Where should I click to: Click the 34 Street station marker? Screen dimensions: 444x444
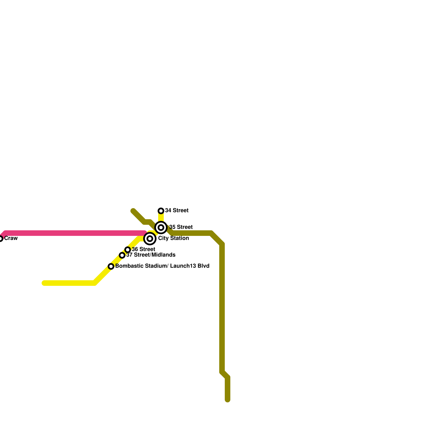(x=161, y=211)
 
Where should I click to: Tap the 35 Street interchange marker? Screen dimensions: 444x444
(x=161, y=228)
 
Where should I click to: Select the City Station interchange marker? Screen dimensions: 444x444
(x=150, y=239)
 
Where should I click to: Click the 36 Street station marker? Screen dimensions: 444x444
(x=128, y=250)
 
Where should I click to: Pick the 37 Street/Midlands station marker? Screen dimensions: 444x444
(x=122, y=255)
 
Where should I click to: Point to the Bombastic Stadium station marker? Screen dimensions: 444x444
(x=111, y=266)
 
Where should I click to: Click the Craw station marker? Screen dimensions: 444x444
(x=1, y=239)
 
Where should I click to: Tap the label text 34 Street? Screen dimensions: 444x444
(x=177, y=211)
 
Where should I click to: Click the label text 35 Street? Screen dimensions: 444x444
(x=181, y=227)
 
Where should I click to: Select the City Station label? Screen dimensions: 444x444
(x=173, y=238)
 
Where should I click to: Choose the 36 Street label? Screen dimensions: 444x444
(x=143, y=249)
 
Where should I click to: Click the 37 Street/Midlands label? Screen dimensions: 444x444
(x=151, y=255)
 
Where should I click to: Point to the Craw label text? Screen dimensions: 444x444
(x=11, y=238)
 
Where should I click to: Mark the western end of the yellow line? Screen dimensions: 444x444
(x=44, y=283)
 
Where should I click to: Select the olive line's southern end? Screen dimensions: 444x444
(x=228, y=400)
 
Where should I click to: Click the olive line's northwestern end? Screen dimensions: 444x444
(x=133, y=211)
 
